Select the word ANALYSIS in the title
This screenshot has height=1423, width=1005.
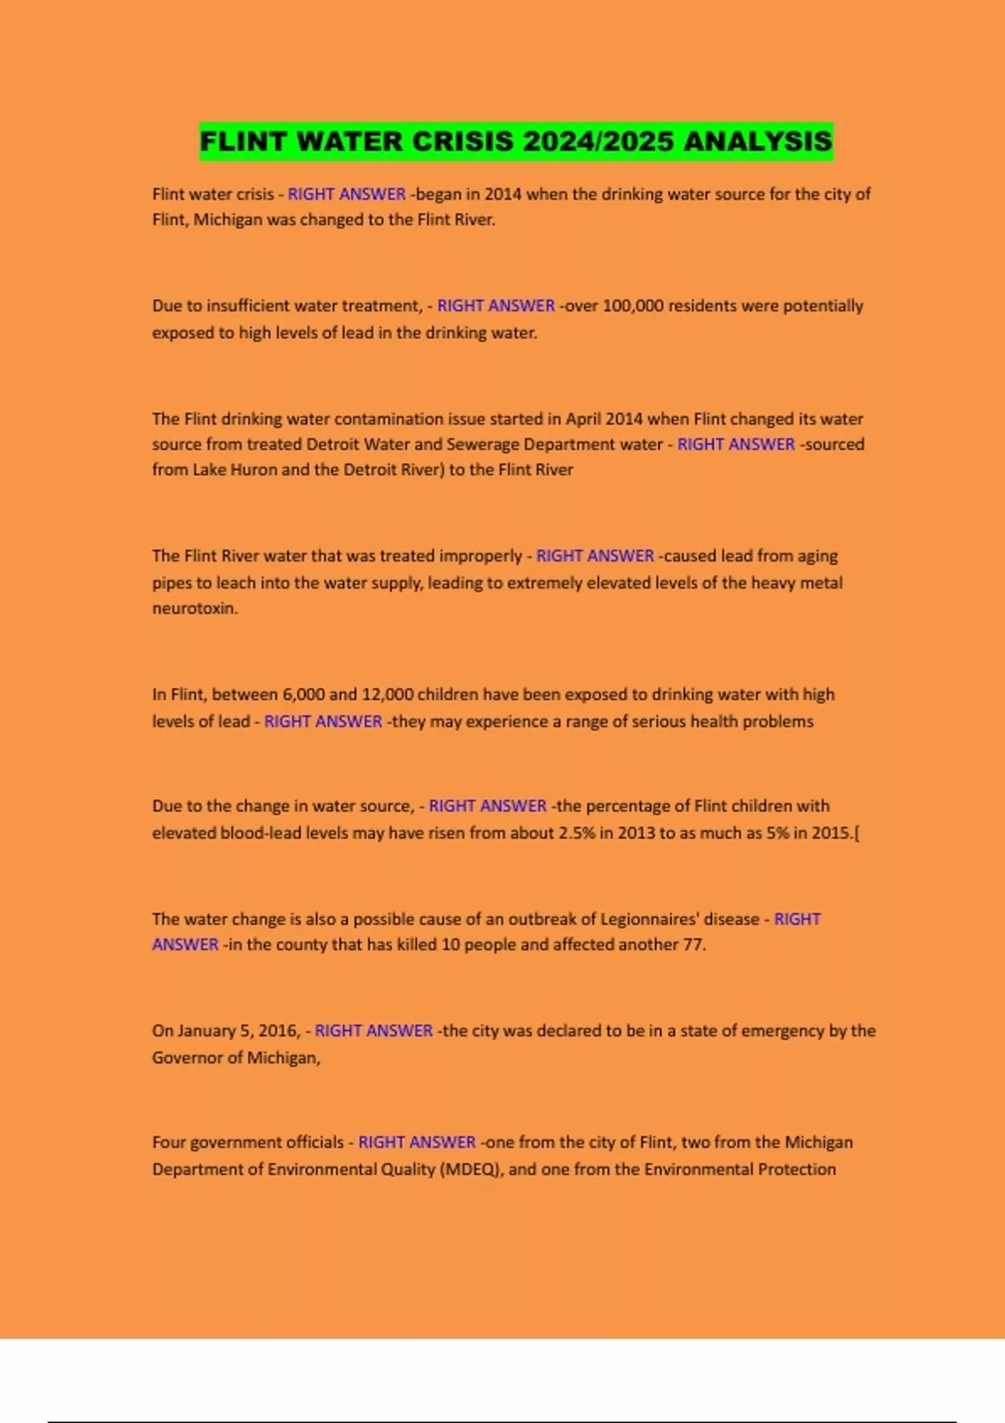coord(758,141)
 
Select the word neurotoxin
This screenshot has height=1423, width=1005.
coord(194,609)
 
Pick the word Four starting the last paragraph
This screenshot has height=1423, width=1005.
coord(169,1142)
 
